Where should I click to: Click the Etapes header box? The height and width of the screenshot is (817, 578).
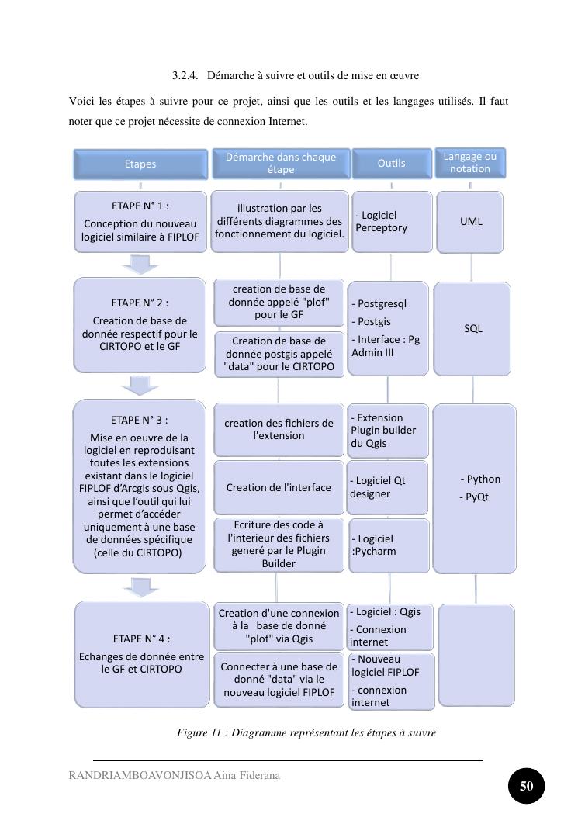[x=140, y=164]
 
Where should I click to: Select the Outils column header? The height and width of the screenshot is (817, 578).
[x=391, y=164]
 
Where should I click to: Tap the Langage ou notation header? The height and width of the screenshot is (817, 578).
[x=470, y=163]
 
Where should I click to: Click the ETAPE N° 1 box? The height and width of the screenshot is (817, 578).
[x=140, y=223]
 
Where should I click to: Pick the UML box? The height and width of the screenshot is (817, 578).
[x=471, y=221]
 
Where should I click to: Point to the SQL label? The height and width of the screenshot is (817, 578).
[x=473, y=328]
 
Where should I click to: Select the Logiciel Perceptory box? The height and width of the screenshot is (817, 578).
[x=391, y=222]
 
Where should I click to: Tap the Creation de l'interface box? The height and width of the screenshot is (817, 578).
[x=279, y=487]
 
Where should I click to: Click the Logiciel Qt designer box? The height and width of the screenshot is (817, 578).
[x=388, y=487]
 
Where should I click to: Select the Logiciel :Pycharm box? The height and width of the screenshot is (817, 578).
[x=389, y=545]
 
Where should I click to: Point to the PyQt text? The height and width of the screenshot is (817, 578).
[x=476, y=497]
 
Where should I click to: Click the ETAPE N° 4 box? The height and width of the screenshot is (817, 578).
[x=141, y=654]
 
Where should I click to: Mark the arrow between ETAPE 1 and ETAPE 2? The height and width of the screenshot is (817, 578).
[x=140, y=265]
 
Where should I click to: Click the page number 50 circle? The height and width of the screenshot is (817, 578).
[x=527, y=786]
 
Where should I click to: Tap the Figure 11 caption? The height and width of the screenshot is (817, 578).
[x=306, y=732]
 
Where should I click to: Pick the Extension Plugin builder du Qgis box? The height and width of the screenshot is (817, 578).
[x=388, y=431]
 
